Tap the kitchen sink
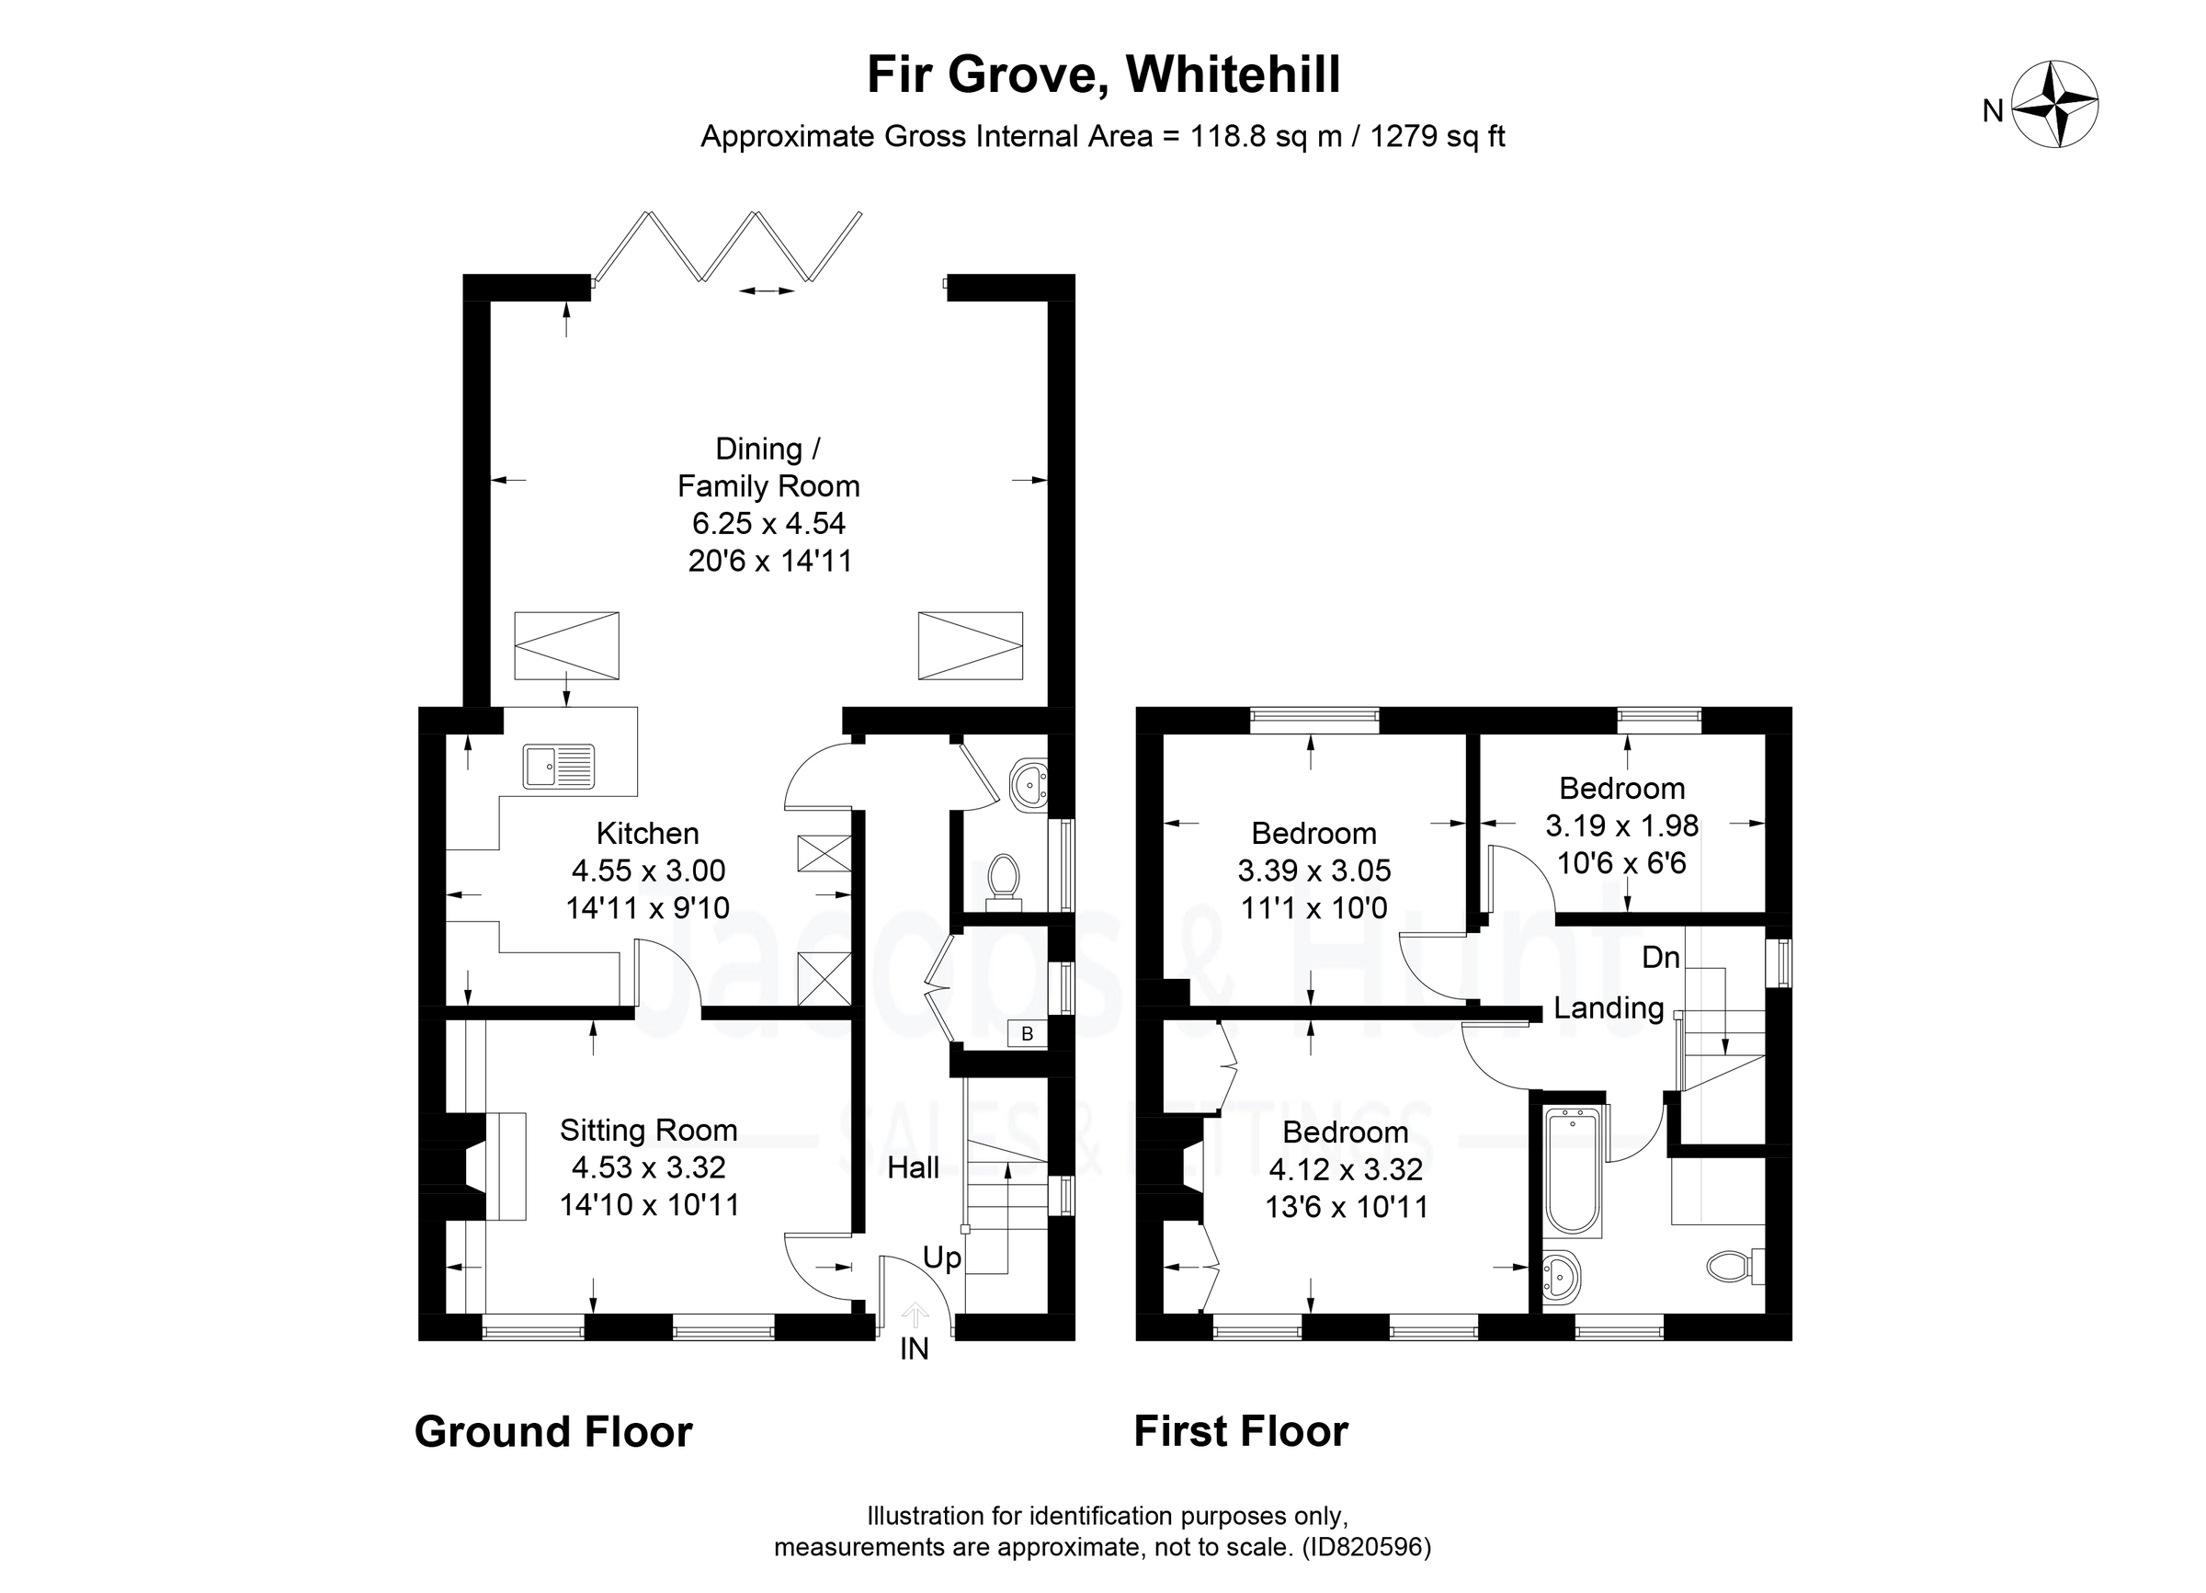[558, 766]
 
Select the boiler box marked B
[1026, 1034]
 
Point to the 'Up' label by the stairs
[941, 1258]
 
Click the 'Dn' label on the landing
[1660, 958]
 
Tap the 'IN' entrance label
[914, 1348]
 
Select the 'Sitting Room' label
[648, 1130]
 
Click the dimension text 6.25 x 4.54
[768, 523]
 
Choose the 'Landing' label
[1608, 1007]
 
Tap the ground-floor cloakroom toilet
[1002, 877]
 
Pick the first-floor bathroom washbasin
[1561, 1275]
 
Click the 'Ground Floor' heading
[552, 1431]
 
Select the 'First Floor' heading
[1240, 1431]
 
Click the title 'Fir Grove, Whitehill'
[1103, 74]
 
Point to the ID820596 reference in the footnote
[1366, 1547]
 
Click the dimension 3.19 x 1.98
[1621, 825]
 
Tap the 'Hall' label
[913, 1167]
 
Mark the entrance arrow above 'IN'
[915, 1314]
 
